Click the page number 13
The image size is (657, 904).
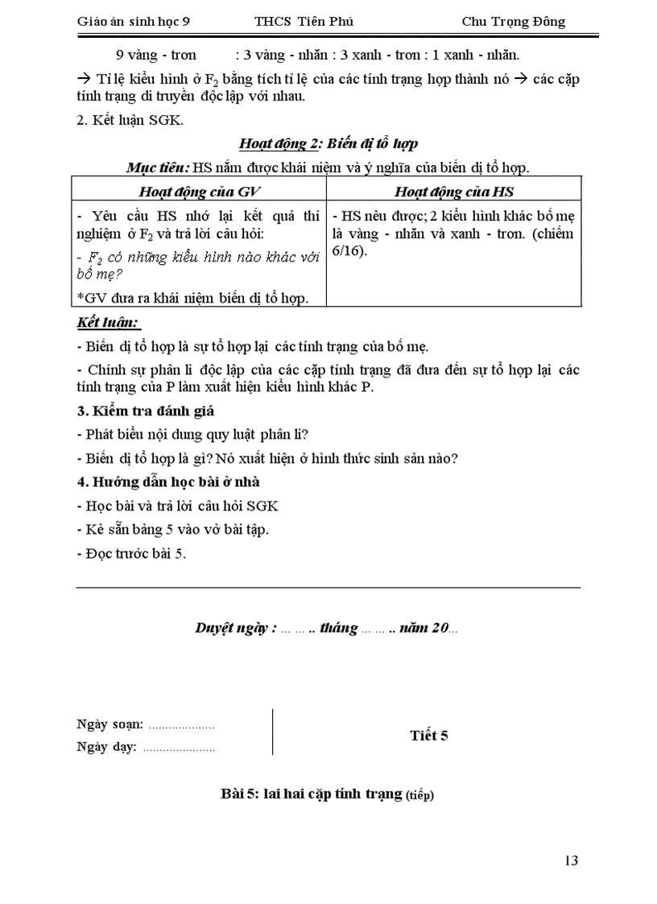pos(571,861)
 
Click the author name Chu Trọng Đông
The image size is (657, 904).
pos(513,22)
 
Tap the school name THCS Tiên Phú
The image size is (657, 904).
pos(304,22)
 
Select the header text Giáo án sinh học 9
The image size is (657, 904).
pos(134,22)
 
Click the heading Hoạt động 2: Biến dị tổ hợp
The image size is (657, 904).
pos(328,144)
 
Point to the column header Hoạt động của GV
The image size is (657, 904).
pos(200,191)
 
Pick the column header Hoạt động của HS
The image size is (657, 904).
pos(454,191)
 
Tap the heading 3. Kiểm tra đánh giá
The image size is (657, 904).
pos(145,411)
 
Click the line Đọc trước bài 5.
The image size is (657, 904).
pos(131,554)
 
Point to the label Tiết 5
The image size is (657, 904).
pos(428,735)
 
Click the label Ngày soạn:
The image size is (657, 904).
pos(110,724)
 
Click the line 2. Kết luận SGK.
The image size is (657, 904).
pos(130,121)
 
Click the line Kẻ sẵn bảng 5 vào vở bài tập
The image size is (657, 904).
pos(172,530)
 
